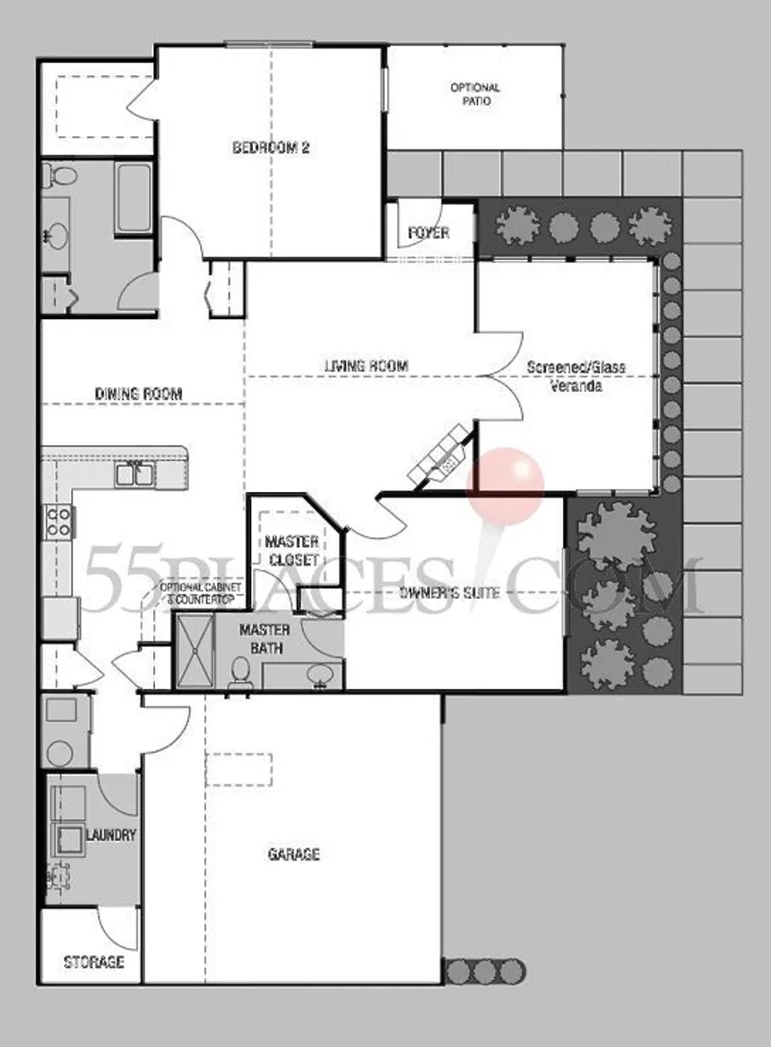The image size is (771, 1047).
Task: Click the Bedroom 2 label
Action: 271,148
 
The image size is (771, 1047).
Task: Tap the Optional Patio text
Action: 475,94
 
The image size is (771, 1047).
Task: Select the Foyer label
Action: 429,233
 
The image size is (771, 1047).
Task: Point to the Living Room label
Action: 366,366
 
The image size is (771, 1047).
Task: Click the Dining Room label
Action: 138,394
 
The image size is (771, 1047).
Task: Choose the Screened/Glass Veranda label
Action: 576,376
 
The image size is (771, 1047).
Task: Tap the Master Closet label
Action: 291,550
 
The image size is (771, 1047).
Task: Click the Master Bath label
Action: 265,639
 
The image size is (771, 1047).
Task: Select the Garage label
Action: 294,854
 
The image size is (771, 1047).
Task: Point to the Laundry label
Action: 111,835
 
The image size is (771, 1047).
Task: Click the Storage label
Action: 93,962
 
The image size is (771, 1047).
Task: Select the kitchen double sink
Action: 134,473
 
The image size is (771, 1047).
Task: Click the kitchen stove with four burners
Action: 58,522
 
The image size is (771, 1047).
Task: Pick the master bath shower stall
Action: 195,651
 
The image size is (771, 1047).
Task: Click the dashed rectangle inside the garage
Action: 239,769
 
